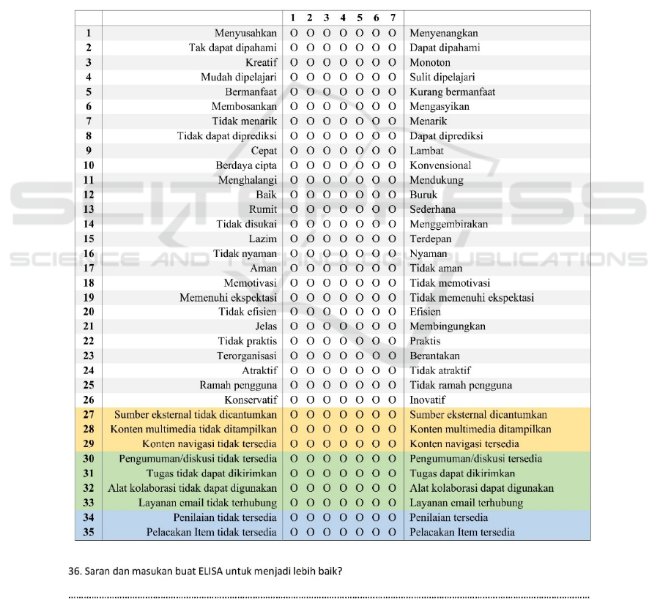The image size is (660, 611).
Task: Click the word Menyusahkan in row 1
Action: (x=245, y=33)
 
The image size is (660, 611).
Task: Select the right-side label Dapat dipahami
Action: (x=445, y=48)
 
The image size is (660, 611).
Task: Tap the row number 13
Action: (x=89, y=209)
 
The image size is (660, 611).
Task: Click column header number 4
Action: (x=343, y=18)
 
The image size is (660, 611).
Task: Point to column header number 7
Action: (x=393, y=18)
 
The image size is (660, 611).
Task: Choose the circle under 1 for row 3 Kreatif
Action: (x=293, y=63)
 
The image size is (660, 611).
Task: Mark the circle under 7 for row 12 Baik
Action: (x=393, y=195)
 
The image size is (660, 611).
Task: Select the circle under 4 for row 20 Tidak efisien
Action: (x=343, y=312)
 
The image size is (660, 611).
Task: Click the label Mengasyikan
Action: (x=440, y=107)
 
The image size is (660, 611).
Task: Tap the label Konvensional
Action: (x=440, y=165)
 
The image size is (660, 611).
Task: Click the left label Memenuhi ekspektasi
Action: (x=228, y=297)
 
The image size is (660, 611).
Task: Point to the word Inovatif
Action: (x=427, y=400)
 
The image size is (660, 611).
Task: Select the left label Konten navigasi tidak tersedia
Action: (x=210, y=444)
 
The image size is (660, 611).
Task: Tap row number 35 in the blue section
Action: (x=89, y=532)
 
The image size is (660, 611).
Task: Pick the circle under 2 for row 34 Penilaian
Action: (x=310, y=517)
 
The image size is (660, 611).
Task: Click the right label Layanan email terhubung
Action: (x=467, y=503)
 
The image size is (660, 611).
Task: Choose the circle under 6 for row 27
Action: (x=377, y=415)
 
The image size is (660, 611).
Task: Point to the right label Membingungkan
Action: (x=447, y=326)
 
